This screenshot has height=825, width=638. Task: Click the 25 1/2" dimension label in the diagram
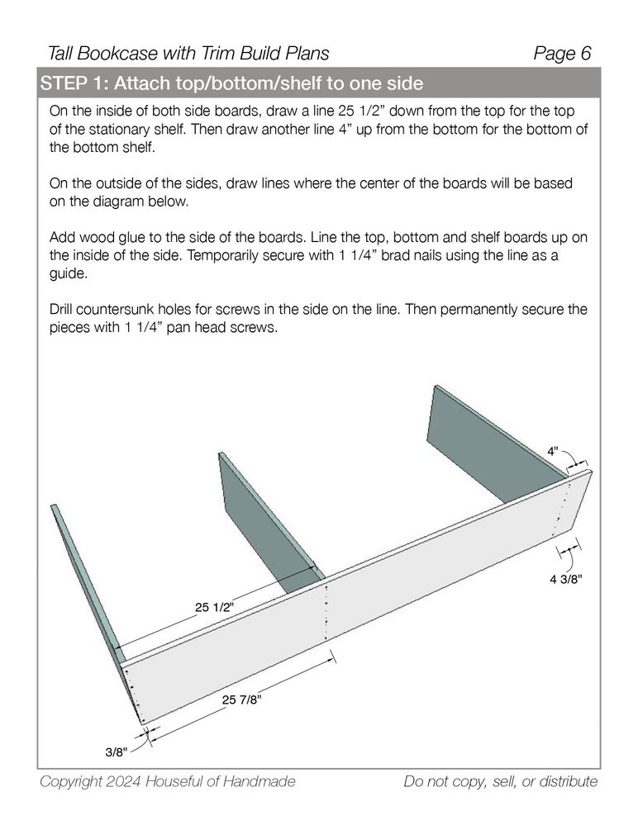(214, 607)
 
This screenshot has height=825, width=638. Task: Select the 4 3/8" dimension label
(567, 580)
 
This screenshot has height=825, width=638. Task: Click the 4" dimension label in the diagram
(553, 451)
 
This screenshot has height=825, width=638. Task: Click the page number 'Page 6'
(563, 54)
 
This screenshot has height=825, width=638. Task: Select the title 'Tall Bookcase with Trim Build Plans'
(189, 54)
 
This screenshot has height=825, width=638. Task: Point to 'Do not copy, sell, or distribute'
(500, 781)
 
